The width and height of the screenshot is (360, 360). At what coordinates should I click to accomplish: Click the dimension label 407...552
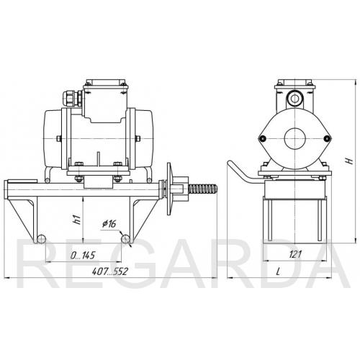point(110,271)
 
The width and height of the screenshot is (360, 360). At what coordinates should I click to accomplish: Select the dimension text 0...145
point(83,256)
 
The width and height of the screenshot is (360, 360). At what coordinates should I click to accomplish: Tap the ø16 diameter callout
point(109,224)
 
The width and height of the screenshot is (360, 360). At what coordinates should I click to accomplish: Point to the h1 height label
point(76,220)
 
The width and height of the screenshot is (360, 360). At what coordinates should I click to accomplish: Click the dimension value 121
point(295,254)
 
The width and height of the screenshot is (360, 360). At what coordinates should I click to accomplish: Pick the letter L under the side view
point(278,271)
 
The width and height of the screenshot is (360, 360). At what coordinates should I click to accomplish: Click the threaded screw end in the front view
point(203,189)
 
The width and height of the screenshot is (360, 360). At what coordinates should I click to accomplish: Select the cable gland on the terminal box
point(73,99)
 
